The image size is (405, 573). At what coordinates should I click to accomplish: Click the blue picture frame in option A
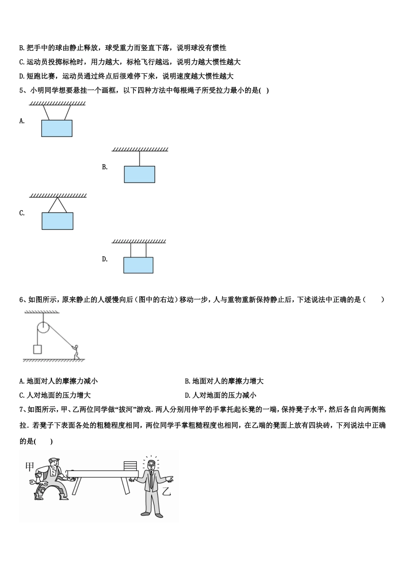click(57, 128)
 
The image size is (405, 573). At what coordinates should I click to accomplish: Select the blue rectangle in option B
click(139, 174)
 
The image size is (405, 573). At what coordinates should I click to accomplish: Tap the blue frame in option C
click(57, 221)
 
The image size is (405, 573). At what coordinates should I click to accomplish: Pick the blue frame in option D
click(138, 265)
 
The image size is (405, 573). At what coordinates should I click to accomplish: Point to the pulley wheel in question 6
click(43, 327)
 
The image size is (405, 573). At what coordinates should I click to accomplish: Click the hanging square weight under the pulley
click(38, 349)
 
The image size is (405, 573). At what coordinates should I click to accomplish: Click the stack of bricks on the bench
click(130, 465)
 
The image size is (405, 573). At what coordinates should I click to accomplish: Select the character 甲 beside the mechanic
click(29, 467)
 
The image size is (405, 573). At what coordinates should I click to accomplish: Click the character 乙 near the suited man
click(166, 491)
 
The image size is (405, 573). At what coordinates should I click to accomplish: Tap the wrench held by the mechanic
click(34, 483)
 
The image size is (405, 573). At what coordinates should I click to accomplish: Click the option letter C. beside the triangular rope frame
click(22, 213)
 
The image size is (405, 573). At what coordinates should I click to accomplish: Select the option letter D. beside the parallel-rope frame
click(105, 259)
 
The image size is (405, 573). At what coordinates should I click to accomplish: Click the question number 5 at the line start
click(21, 90)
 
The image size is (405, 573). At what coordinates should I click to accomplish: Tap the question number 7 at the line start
click(21, 410)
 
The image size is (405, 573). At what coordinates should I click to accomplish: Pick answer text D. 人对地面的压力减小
click(220, 395)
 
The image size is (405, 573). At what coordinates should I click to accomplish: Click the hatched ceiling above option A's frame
click(57, 103)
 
